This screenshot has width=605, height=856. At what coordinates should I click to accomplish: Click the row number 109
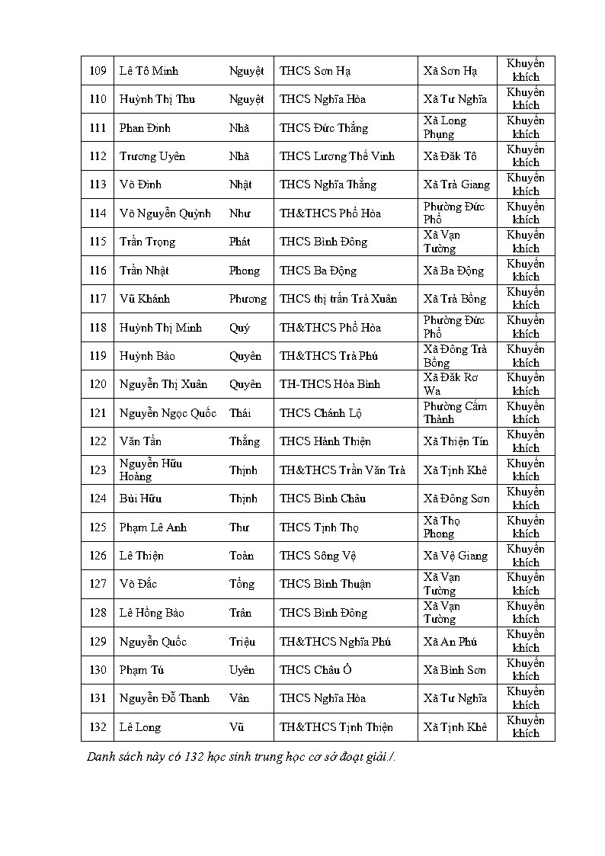98,71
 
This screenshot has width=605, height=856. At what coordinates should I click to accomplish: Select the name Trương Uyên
152,156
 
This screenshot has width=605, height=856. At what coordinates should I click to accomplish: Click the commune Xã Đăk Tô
450,156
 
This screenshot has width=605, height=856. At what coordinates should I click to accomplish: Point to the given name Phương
248,299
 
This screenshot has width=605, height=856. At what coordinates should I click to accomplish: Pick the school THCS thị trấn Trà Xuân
338,299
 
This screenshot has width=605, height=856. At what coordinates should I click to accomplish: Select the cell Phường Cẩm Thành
455,412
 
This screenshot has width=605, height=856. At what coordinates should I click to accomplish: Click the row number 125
98,527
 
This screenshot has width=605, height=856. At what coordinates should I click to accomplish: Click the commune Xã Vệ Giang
456,556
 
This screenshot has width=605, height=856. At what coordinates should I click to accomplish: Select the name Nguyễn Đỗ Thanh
165,698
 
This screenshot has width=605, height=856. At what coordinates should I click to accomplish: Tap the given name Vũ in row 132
236,727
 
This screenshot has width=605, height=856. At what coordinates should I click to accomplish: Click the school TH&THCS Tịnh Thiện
336,727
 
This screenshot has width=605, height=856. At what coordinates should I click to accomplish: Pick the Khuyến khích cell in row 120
526,384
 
